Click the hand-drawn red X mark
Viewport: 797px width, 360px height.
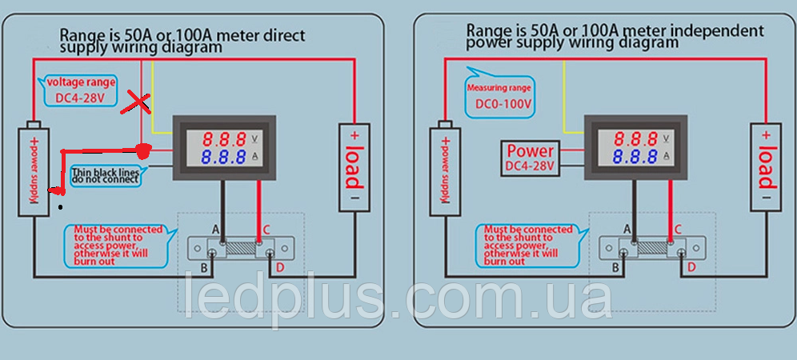[x=136, y=103]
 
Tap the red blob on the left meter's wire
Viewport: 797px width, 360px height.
[x=144, y=150]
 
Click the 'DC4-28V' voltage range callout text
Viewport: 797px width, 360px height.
[x=80, y=98]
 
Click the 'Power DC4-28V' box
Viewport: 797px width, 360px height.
[x=531, y=158]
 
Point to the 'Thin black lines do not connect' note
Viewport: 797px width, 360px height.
[x=106, y=175]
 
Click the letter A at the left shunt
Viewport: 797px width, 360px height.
[x=215, y=230]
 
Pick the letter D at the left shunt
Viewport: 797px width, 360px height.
[x=279, y=267]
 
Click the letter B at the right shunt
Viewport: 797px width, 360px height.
[x=615, y=267]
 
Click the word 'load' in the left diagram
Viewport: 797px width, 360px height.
[x=354, y=167]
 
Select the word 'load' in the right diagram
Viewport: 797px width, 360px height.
[x=766, y=167]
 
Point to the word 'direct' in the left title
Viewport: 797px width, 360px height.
[x=284, y=35]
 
